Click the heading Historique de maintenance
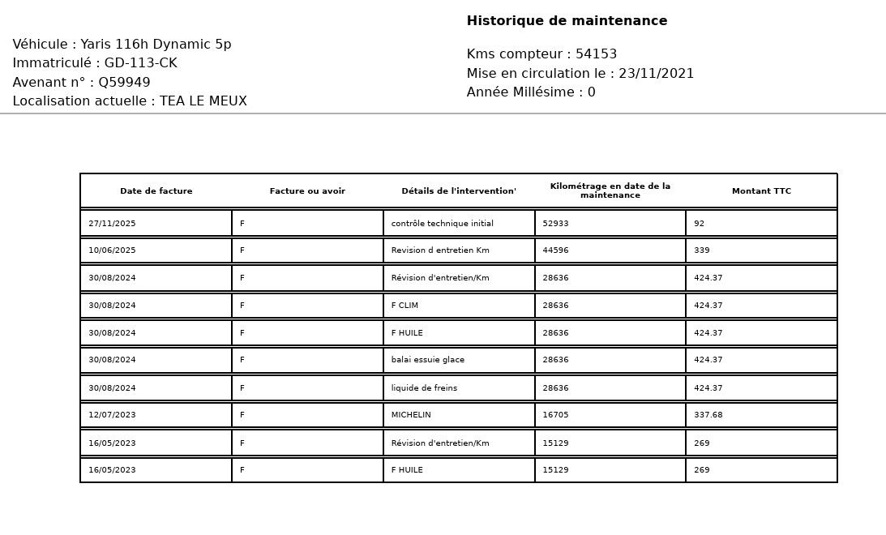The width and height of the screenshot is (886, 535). [567, 21]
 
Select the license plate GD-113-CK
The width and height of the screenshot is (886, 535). [140, 63]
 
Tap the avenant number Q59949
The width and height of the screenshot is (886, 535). [124, 83]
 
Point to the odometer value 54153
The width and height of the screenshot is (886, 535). [596, 54]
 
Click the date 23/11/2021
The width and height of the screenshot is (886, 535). [656, 74]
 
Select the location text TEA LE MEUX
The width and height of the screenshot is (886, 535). [203, 101]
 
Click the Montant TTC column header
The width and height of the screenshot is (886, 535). [761, 191]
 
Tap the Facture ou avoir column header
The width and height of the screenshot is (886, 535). [307, 191]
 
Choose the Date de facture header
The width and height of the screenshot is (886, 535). [156, 191]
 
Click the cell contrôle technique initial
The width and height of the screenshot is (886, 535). [442, 224]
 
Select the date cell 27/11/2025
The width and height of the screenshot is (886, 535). [112, 224]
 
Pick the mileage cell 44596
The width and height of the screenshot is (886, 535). [555, 250]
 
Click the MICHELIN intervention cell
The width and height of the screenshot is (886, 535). [411, 415]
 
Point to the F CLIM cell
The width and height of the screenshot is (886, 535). [404, 306]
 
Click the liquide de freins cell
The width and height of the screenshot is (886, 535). [424, 388]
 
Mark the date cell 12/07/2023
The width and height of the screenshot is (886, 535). [112, 415]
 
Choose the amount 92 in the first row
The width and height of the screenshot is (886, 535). [699, 224]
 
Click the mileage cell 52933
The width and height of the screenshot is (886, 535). [555, 224]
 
